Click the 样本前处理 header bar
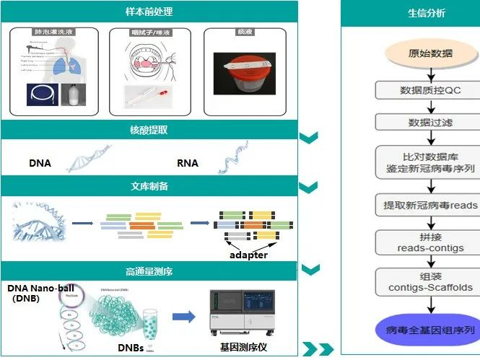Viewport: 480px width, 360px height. point(149,12)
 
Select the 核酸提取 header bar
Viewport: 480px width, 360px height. point(149,130)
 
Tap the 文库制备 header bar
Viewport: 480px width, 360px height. point(149,186)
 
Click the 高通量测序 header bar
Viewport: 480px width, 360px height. point(149,271)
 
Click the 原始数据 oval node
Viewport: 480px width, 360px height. point(430,53)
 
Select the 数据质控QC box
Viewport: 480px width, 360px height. point(430,90)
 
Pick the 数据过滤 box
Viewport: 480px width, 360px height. point(430,123)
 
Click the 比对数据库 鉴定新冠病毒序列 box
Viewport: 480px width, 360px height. point(430,162)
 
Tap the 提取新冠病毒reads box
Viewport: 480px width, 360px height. point(430,205)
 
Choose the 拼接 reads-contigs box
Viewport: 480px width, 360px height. point(430,242)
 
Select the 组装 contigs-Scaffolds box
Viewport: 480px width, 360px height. point(430,281)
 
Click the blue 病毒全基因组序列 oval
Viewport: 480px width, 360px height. point(430,330)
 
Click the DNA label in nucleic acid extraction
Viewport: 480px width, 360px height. point(40,163)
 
